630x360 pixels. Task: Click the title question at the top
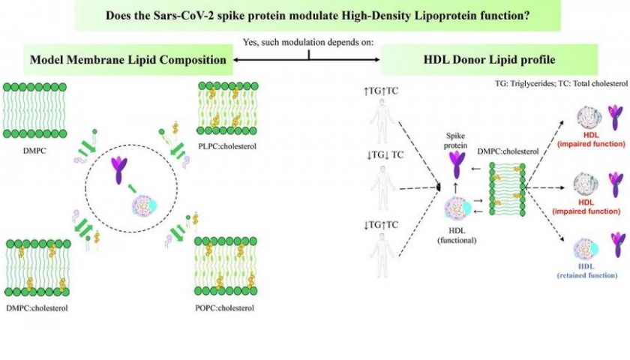tap(317, 16)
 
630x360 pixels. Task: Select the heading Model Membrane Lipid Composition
tap(128, 60)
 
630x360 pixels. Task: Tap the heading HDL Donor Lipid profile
tap(489, 59)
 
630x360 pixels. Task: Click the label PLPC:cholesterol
tap(227, 146)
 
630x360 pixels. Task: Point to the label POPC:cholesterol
tap(224, 308)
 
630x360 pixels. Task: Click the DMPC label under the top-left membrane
tap(34, 151)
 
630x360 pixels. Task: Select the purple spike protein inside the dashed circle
tap(119, 170)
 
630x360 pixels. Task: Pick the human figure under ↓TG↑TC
tap(382, 256)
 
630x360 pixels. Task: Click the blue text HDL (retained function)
tap(587, 271)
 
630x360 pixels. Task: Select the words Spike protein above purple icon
tap(456, 141)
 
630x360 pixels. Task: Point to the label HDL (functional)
tap(457, 235)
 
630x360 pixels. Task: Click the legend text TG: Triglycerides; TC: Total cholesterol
tap(561, 83)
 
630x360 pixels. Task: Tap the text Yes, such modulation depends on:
tap(308, 42)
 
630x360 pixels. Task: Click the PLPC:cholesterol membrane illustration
tap(228, 108)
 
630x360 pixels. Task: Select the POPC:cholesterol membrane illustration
tap(226, 266)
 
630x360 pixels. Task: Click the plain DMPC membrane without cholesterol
tap(34, 110)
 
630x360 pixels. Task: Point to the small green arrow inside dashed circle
tap(131, 187)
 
